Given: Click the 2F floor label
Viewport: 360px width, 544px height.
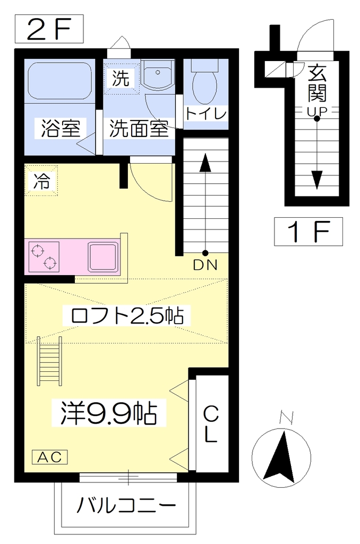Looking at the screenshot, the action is click(x=49, y=29).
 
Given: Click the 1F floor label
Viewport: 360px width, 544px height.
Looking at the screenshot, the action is click(x=308, y=232).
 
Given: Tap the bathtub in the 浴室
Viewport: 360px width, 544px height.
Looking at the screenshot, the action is click(x=59, y=81).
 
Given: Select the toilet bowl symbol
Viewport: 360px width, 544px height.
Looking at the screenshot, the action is click(x=204, y=82).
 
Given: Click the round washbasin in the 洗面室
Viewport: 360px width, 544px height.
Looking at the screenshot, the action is click(x=158, y=74).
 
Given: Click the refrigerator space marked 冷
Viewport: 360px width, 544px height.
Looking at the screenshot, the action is click(x=41, y=181).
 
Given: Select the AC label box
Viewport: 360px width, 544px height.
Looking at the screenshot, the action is click(x=49, y=457).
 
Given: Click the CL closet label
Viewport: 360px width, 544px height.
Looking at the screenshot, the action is click(x=210, y=424).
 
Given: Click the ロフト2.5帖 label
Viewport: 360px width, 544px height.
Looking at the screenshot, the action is click(x=126, y=316).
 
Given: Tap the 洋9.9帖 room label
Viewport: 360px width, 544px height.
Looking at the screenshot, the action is click(x=109, y=413).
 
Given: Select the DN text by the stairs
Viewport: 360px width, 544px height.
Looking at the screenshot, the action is click(x=205, y=266).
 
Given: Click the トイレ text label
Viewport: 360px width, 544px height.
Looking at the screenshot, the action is click(x=206, y=114).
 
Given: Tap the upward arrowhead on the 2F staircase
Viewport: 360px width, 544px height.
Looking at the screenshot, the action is click(x=205, y=163).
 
